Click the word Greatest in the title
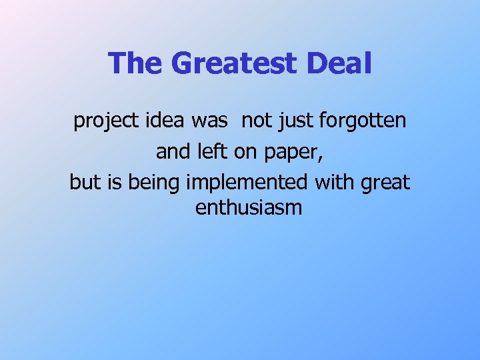point(234,64)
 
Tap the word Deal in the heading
point(340,64)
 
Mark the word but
point(85,181)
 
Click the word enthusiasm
point(249,208)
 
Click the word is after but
point(114,181)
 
